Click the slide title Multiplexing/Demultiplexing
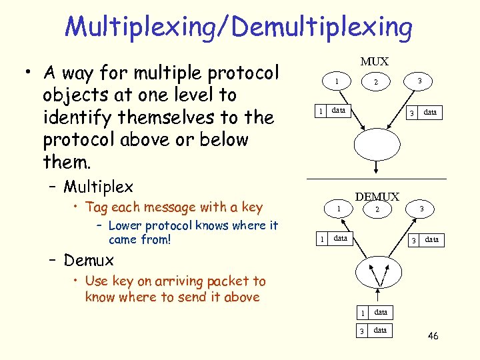(239, 27)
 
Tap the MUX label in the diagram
(374, 62)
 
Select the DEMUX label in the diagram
(377, 197)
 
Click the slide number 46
(433, 335)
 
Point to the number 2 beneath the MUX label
(376, 83)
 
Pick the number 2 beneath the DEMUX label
(377, 210)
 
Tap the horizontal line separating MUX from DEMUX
(376, 179)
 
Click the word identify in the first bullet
(74, 117)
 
